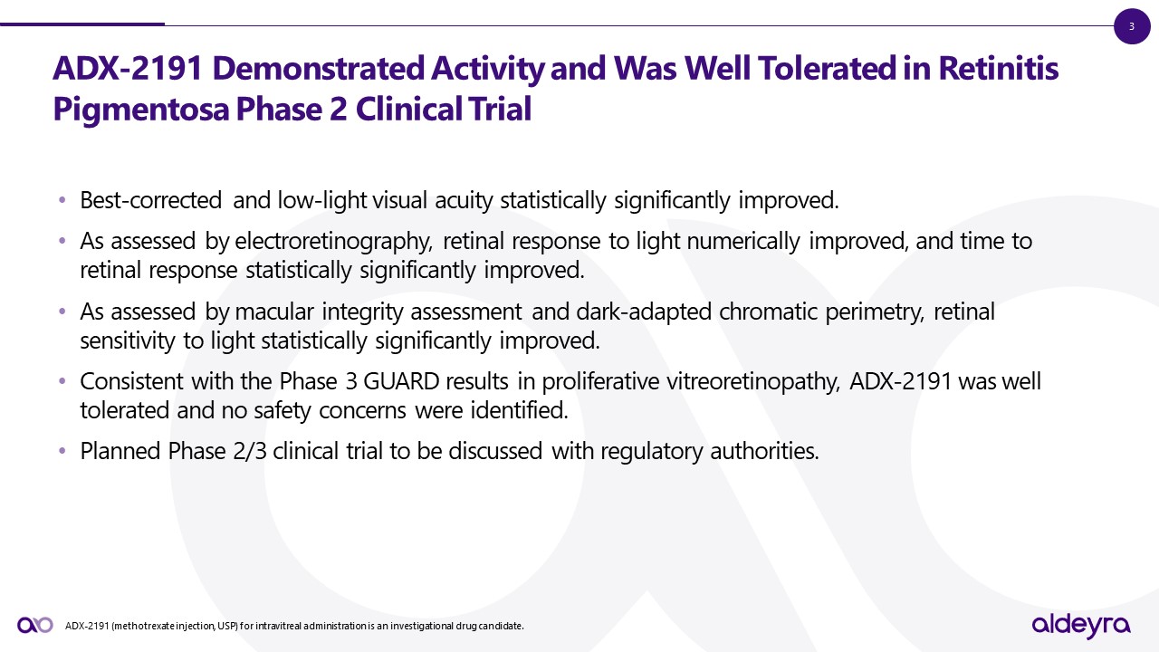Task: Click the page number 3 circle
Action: point(1132,26)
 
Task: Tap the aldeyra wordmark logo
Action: point(1081,626)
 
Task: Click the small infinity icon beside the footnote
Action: point(35,625)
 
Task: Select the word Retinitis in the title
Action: point(998,68)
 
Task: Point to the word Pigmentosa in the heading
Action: point(140,110)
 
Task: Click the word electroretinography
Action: point(334,242)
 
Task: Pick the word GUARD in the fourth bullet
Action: point(401,381)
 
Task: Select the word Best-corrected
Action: point(151,200)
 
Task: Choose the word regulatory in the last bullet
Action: point(651,452)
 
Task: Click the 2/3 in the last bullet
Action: point(250,451)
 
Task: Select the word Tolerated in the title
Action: point(828,68)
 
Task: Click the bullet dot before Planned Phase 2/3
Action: point(62,451)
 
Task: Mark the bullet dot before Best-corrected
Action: point(62,200)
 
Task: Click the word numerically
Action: point(743,242)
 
